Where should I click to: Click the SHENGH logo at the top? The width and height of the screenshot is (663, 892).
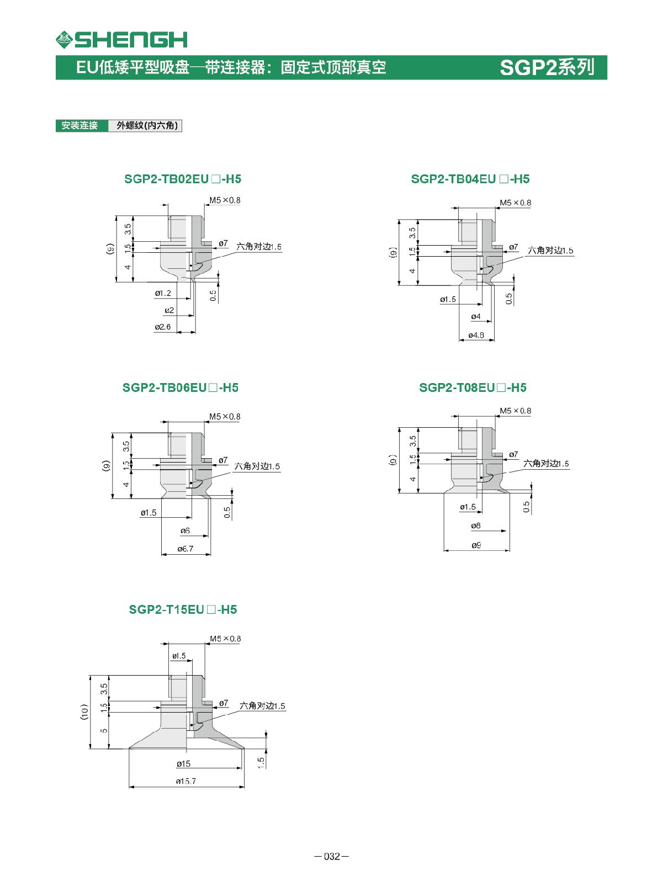121,39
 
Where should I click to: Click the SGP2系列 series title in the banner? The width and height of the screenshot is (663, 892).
547,67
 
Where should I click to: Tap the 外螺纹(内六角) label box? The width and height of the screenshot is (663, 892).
145,125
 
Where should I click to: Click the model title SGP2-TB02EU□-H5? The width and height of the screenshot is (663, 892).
183,179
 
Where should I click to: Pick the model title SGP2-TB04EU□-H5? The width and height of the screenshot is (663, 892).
470,179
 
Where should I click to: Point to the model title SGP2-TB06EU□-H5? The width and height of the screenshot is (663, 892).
181,387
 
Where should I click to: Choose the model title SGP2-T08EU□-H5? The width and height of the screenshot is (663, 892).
473,387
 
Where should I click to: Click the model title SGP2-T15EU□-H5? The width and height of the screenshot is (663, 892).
183,610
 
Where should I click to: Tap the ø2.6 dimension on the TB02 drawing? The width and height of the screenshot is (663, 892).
162,327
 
